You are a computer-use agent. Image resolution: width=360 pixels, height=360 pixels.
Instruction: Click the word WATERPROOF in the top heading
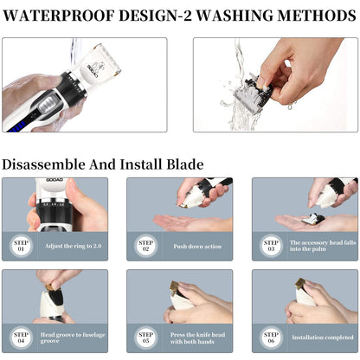coord(65,16)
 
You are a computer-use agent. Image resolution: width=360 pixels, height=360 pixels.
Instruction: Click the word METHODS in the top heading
coord(312,16)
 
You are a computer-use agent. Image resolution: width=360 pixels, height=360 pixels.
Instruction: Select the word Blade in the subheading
coord(184,164)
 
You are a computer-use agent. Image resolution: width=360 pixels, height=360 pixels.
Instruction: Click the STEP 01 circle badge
coord(21,246)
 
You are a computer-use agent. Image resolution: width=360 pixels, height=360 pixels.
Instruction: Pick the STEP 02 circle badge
coord(145,246)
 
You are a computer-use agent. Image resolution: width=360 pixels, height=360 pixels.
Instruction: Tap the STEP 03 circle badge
coord(271,246)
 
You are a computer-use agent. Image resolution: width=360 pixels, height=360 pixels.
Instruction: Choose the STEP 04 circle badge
coord(21,337)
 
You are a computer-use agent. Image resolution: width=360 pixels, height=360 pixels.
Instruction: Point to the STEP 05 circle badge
coord(145,337)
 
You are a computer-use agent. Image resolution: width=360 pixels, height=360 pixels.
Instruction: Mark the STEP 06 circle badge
coord(271,337)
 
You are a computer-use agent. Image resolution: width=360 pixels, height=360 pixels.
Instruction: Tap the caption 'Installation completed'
coord(321,337)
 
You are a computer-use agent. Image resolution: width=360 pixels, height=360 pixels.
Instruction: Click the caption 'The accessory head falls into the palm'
coord(321,246)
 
